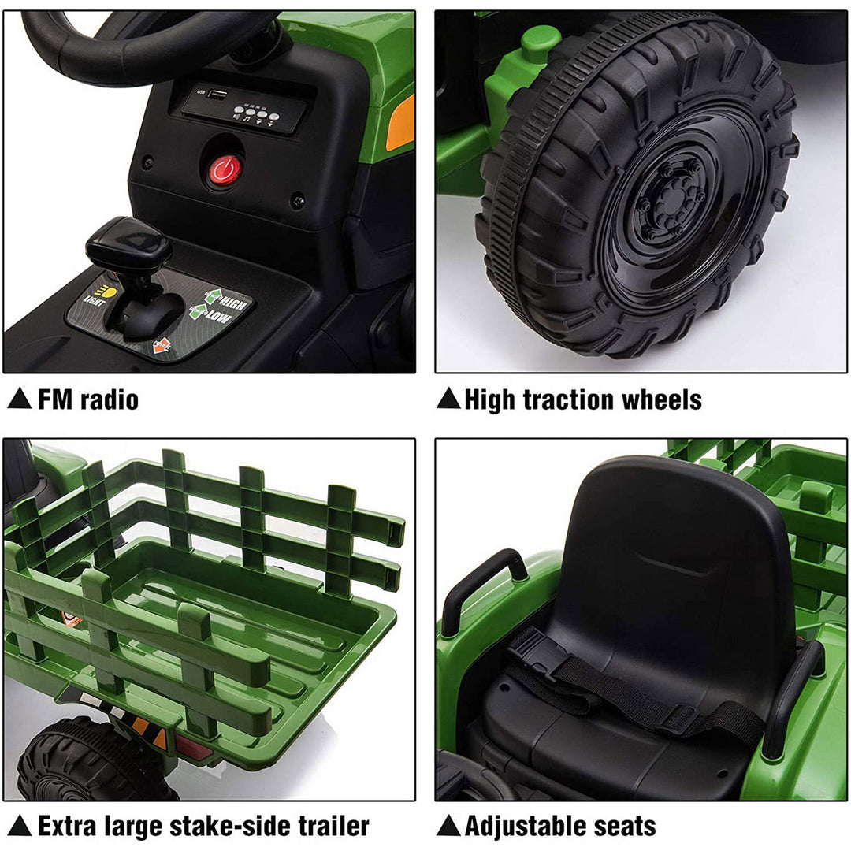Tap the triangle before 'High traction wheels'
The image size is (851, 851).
(x=448, y=399)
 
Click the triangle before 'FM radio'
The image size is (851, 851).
(x=20, y=399)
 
